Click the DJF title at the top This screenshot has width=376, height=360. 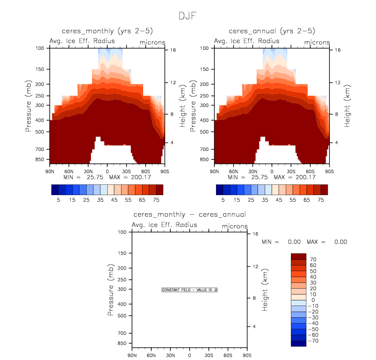click(188, 16)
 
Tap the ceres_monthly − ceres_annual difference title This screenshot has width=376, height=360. click(189, 214)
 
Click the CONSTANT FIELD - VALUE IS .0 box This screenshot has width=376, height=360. click(190, 290)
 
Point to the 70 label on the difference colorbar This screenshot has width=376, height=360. click(313, 259)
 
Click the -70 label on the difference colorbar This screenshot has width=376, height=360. click(314, 340)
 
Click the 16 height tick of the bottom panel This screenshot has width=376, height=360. click(255, 234)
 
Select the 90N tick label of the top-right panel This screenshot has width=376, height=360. click(214, 171)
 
